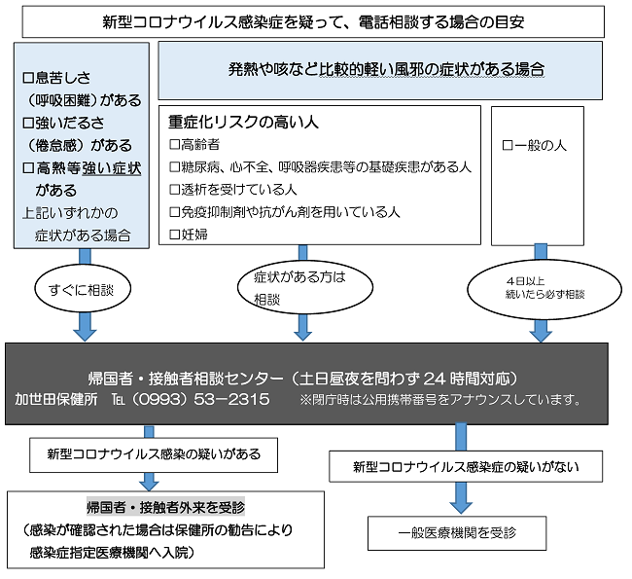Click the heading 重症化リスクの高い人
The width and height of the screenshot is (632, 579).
click(243, 123)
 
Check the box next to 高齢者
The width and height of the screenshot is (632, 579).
click(175, 144)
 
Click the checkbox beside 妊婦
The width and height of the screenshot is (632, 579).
click(175, 234)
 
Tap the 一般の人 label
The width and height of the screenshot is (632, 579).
click(541, 145)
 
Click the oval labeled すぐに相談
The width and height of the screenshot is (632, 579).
click(83, 289)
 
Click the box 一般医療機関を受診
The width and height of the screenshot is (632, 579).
click(457, 532)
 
